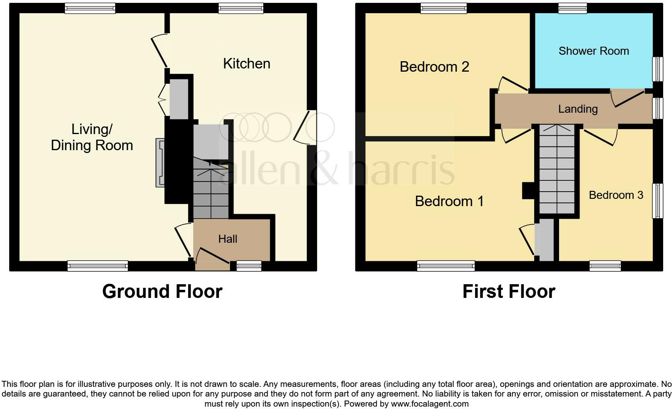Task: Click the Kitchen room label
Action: [246, 64]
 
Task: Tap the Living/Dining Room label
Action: [92, 137]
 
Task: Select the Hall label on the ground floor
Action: [227, 239]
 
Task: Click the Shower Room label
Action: [594, 51]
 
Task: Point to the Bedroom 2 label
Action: [434, 67]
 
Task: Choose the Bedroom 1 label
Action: [449, 201]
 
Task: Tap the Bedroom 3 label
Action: [616, 195]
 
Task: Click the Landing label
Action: [578, 109]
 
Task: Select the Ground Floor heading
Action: [162, 291]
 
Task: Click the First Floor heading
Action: [508, 291]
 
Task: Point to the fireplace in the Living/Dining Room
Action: [160, 163]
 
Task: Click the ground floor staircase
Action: [211, 189]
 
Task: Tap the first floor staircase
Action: [557, 169]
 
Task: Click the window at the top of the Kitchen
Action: [241, 8]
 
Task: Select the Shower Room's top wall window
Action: [573, 8]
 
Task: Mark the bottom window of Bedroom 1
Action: [446, 266]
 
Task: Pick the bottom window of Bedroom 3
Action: [605, 266]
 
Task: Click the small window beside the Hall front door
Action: [249, 266]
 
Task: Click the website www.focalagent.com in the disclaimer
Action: [430, 404]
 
